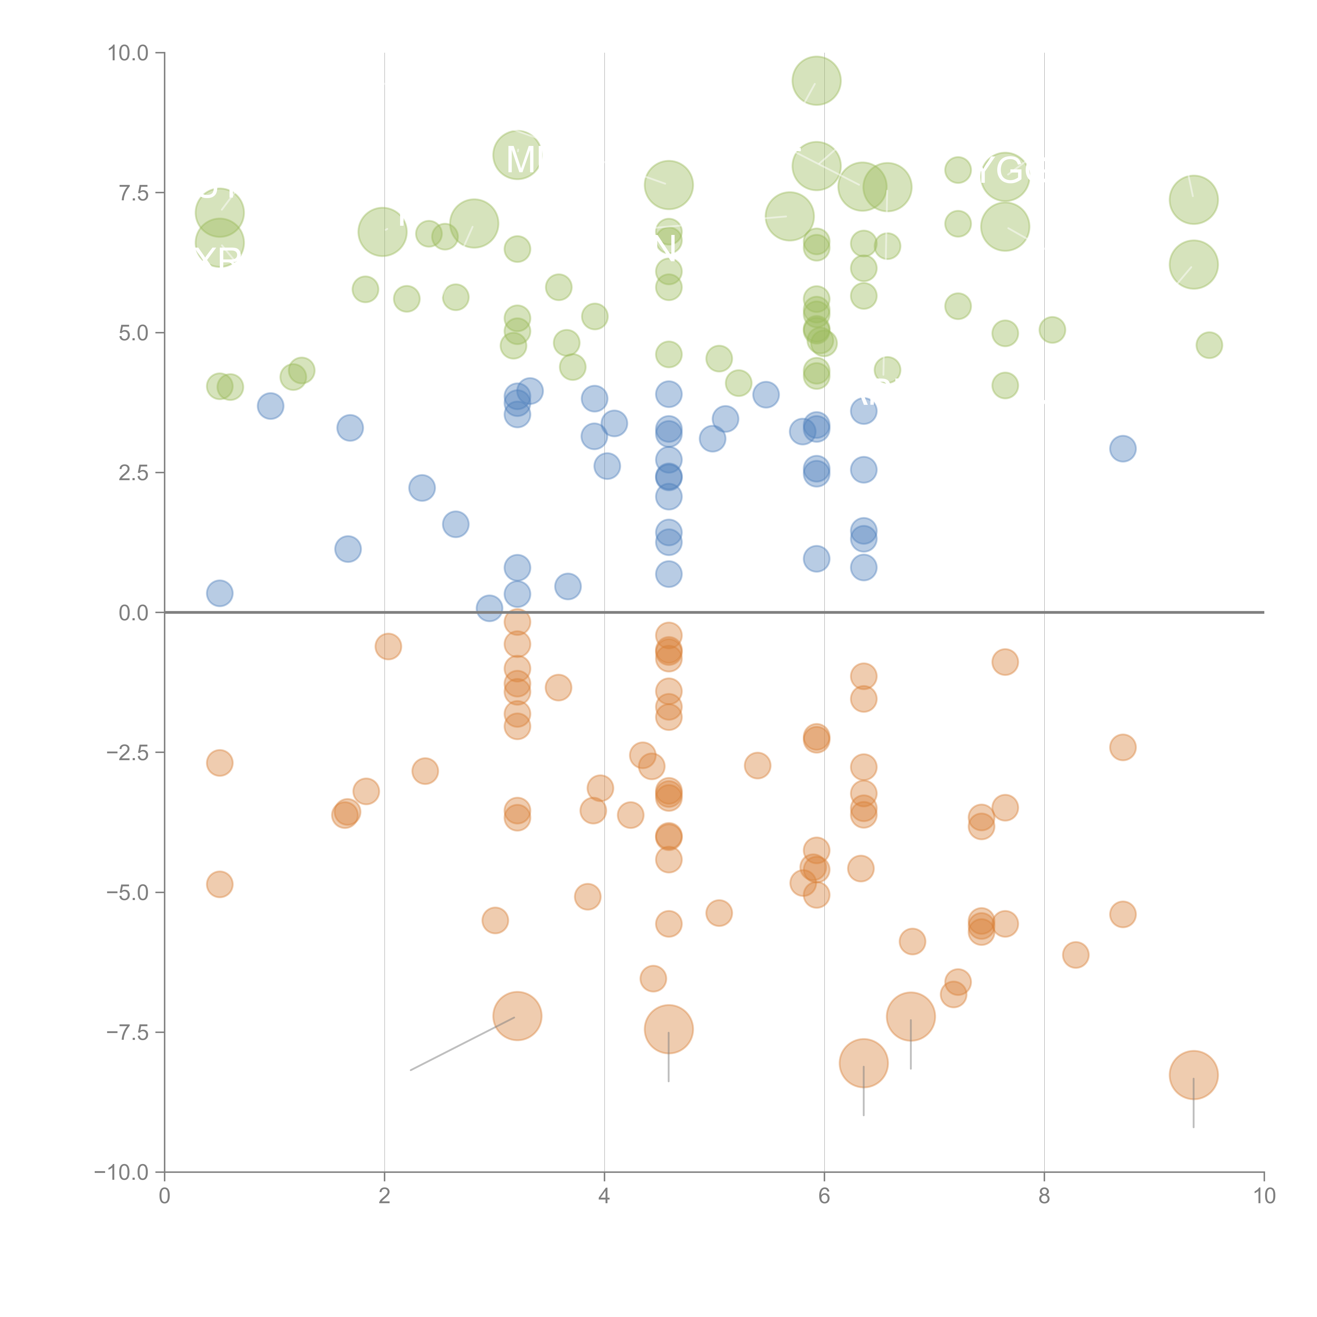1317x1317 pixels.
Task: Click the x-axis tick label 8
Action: pyautogui.click(x=1044, y=1196)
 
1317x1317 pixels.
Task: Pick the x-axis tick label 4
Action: pyautogui.click(x=604, y=1196)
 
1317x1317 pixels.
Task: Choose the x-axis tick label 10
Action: pyautogui.click(x=1264, y=1196)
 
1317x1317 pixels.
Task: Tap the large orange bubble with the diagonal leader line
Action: pyautogui.click(x=517, y=1016)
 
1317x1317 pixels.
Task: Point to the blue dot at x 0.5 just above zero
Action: pyautogui.click(x=219, y=593)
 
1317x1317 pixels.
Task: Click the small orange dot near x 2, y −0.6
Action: pyautogui.click(x=388, y=646)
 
